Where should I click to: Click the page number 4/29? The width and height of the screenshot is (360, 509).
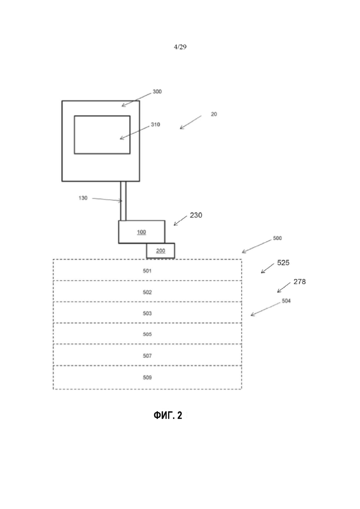coord(180,47)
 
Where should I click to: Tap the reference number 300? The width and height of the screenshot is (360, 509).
coord(157,91)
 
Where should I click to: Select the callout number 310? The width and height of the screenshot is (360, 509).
coord(156,124)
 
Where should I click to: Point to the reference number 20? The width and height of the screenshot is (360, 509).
coord(214,114)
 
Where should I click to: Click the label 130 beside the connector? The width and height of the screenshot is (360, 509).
coord(83,198)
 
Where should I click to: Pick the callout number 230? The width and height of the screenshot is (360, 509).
coord(196,215)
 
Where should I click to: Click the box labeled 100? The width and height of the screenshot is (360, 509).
coord(142,232)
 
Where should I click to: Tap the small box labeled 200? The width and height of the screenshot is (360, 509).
coord(161,251)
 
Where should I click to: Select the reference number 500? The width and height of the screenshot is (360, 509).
coord(277,238)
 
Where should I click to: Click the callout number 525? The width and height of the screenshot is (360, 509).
coord(283,263)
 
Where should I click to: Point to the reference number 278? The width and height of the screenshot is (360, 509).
coord(300,282)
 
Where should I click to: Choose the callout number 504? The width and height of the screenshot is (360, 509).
coord(286,301)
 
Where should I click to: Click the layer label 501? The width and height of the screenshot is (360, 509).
coord(147,271)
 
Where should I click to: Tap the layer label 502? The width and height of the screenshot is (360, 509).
coord(147,292)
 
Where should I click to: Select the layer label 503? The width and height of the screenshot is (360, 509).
coord(147,313)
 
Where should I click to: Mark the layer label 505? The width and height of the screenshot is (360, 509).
coord(147,334)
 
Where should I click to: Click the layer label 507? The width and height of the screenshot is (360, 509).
coord(147,356)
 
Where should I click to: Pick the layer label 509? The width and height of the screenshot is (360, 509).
coord(147,377)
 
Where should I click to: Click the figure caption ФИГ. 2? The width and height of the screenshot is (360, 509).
coord(168,415)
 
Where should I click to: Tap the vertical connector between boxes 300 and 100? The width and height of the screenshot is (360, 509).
coord(123,201)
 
